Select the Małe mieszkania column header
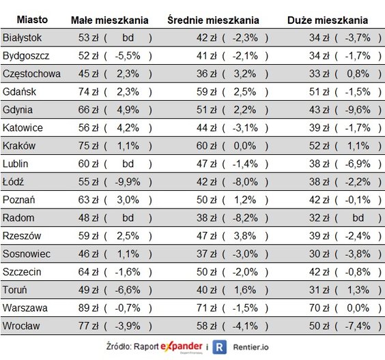pyautogui.click(x=111, y=20)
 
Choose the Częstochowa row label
pyautogui.click(x=31, y=73)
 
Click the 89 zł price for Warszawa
pyautogui.click(x=89, y=307)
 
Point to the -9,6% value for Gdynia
pyautogui.click(x=357, y=109)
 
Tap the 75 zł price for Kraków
pyautogui.click(x=89, y=145)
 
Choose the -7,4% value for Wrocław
pyautogui.click(x=357, y=326)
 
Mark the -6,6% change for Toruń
pyautogui.click(x=128, y=290)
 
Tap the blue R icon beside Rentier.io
pyautogui.click(x=219, y=346)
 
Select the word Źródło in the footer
pyautogui.click(x=122, y=346)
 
